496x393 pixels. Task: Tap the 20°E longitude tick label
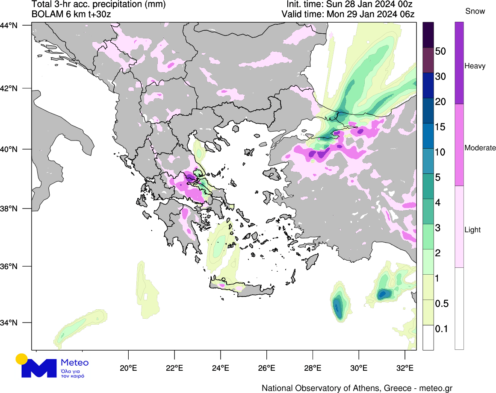128,367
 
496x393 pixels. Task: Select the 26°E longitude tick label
266,367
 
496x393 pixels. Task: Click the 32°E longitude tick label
404,367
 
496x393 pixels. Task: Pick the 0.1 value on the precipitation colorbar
441,329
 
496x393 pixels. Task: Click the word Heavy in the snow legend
475,66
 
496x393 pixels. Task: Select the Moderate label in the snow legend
480,148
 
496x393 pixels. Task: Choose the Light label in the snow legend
472,230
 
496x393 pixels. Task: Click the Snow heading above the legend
475,12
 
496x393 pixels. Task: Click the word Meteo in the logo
75,363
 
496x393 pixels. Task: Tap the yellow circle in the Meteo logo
21,359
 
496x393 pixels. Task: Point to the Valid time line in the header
348,14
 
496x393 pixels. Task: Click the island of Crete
248,291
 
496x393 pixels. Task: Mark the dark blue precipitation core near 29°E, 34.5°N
338,306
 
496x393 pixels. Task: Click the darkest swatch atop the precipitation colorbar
428,35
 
